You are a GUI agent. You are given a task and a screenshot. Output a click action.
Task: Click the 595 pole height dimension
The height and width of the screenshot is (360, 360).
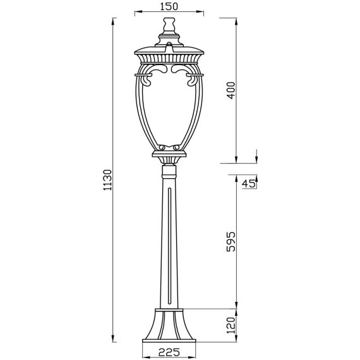coord(231,242)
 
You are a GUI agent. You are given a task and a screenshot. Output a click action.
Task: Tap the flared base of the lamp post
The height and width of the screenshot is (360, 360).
coord(170,325)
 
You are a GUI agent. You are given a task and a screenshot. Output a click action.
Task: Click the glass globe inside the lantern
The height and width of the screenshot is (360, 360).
coord(170,107)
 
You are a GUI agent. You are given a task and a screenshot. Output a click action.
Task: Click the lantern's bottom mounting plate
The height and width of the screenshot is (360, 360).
coord(170,152)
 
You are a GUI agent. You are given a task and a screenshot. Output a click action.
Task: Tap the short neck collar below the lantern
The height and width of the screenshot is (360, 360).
coord(170,171)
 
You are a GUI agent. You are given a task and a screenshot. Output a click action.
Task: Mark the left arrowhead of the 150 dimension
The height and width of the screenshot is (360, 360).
coord(138,12)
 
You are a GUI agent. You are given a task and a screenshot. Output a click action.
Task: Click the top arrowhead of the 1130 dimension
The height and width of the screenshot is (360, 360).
coord(112,21)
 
